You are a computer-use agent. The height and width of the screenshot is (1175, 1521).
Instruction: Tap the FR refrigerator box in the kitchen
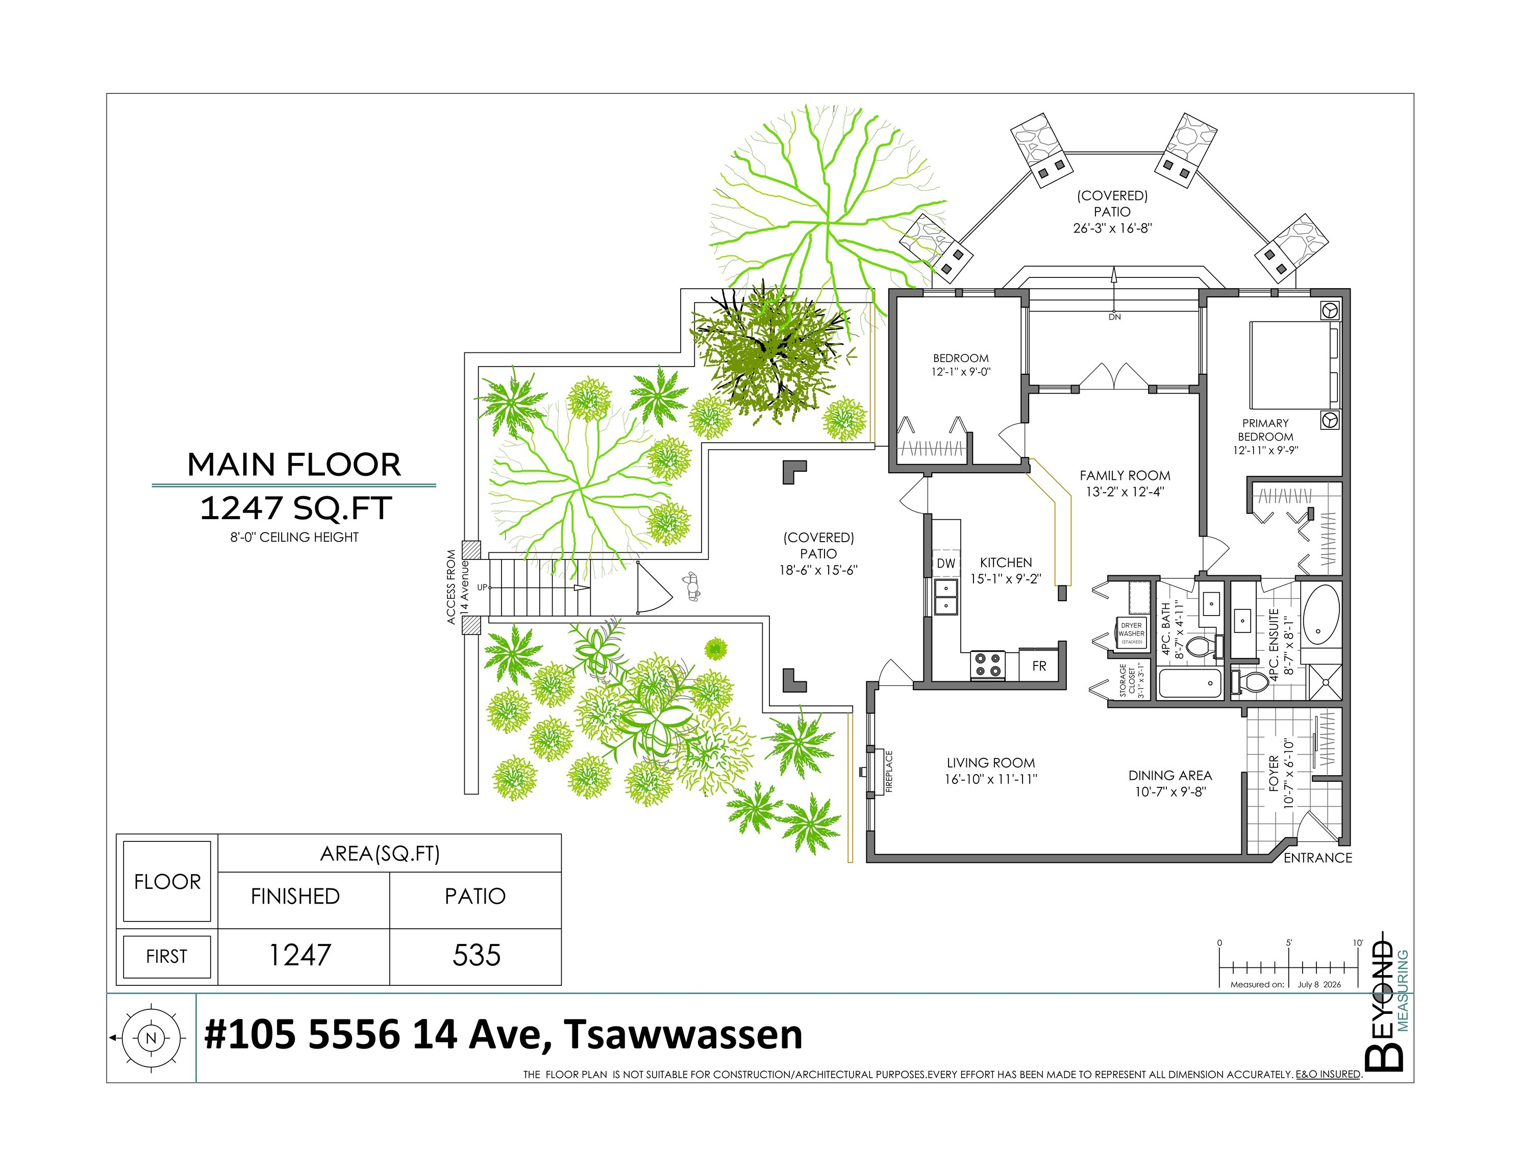pyautogui.click(x=1039, y=666)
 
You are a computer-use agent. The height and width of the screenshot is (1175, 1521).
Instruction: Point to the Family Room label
pyautogui.click(x=1125, y=475)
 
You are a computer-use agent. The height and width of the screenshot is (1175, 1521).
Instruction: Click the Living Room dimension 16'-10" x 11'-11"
pyautogui.click(x=990, y=779)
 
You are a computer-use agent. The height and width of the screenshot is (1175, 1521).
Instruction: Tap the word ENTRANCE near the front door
pyautogui.click(x=1317, y=858)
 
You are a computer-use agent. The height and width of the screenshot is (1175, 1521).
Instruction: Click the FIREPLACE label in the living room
pyautogui.click(x=889, y=771)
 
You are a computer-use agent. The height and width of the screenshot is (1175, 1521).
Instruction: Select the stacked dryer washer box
pyautogui.click(x=1131, y=633)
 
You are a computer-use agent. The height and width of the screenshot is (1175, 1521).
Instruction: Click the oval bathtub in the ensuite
pyautogui.click(x=1321, y=614)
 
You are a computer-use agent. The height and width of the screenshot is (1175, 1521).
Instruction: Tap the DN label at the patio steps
pyautogui.click(x=1114, y=317)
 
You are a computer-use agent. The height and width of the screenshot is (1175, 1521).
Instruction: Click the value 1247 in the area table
pyautogui.click(x=300, y=954)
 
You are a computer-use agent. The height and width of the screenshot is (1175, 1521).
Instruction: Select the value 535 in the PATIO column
pyautogui.click(x=477, y=954)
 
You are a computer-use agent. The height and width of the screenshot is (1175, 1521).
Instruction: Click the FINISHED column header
pyautogui.click(x=295, y=896)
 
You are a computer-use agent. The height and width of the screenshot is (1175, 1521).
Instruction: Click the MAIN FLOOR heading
pyautogui.click(x=294, y=464)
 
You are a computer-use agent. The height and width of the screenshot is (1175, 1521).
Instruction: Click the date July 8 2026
pyautogui.click(x=1319, y=984)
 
